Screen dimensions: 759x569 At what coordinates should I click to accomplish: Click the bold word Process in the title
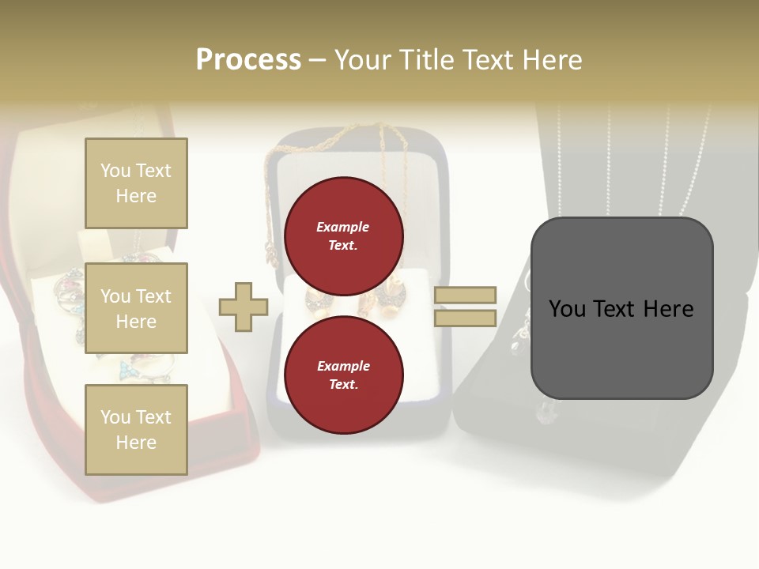click(248, 59)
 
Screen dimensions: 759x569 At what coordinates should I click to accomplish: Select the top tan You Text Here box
click(136, 183)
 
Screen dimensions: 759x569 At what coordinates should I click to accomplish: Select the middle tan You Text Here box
click(136, 308)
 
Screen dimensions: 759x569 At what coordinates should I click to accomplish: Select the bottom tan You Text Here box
click(136, 429)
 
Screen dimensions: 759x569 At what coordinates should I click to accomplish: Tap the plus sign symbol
click(244, 307)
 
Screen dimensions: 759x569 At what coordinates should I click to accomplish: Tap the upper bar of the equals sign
click(465, 295)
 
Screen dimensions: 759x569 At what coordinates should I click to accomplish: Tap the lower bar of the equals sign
click(465, 318)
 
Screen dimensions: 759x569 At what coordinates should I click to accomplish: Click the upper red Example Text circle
click(343, 236)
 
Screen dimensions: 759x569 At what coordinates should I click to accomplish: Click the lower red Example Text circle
click(343, 375)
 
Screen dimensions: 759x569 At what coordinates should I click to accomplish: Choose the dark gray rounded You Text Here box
click(621, 308)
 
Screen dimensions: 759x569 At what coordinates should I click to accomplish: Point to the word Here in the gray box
click(666, 309)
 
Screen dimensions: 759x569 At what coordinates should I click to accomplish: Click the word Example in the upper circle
click(343, 227)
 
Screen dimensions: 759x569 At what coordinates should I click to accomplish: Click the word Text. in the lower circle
click(343, 384)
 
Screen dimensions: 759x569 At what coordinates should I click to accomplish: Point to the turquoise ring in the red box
click(126, 369)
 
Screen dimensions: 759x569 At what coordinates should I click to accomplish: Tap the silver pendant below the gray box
click(546, 411)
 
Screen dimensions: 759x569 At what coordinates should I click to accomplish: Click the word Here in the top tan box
click(136, 196)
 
